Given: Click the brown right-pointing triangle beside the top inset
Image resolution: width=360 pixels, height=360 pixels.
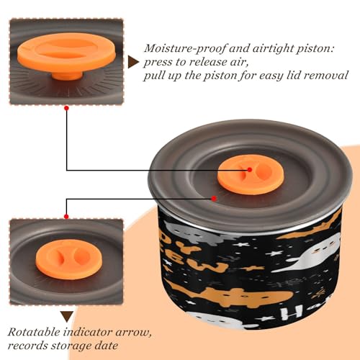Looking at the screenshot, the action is pos(133,62).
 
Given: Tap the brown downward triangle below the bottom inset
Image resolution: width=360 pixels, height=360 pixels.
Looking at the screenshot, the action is pos(67,317).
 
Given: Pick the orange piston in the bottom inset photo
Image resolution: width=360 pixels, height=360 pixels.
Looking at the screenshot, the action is pos(69,259).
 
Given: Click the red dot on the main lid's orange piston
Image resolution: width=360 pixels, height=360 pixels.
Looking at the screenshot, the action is pos(250,170).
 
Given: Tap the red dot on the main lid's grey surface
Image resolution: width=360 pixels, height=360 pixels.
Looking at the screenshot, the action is pos(214,199).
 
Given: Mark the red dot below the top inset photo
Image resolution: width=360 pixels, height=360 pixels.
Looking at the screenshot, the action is pos(66,108).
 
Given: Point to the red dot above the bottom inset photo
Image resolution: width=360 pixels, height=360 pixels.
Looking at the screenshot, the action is pos(66,217).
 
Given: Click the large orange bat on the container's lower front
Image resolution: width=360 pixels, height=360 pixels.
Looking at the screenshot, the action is pos(230,294).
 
